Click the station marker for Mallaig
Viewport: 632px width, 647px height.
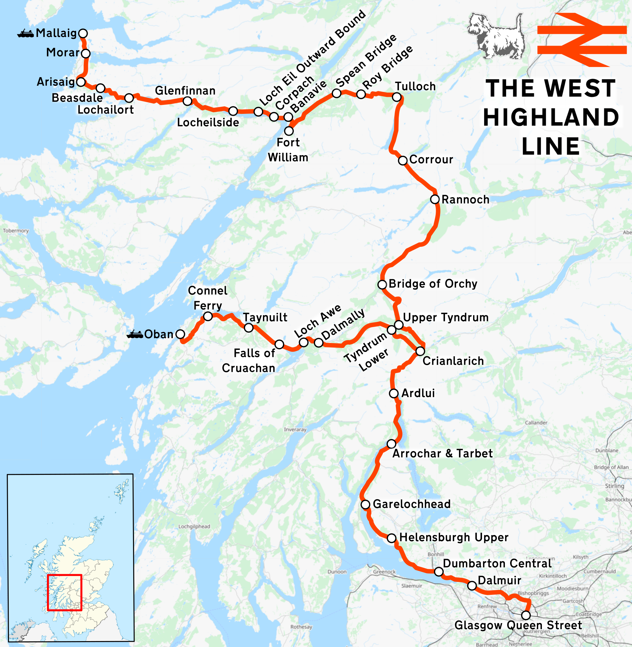click(83, 34)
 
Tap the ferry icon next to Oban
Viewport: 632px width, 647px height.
click(135, 334)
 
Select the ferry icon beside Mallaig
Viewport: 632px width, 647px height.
click(26, 34)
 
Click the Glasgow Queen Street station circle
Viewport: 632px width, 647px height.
click(526, 616)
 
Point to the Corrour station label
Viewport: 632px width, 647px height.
click(431, 160)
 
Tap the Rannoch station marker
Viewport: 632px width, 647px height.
click(435, 199)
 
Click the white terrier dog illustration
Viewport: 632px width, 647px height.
click(497, 36)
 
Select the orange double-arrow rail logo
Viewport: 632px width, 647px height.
click(582, 40)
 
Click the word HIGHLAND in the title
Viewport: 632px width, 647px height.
click(551, 117)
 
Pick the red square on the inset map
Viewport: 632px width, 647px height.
click(64, 593)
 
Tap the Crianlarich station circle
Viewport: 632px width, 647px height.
click(420, 351)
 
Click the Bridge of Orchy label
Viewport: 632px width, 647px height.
click(433, 284)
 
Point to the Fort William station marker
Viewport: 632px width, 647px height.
click(289, 131)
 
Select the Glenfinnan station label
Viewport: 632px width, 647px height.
click(185, 91)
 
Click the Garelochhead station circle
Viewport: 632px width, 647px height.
click(365, 505)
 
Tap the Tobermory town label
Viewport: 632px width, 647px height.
click(16, 230)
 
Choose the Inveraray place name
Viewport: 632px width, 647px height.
click(295, 430)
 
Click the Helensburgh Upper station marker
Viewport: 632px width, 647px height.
click(392, 538)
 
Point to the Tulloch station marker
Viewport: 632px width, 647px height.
click(397, 97)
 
